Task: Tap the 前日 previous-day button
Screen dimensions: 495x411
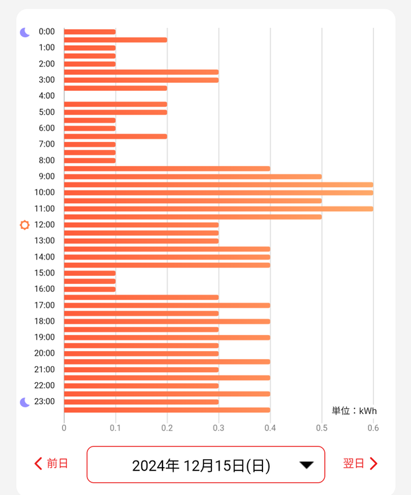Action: (x=52, y=463)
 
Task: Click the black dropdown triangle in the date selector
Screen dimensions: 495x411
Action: (x=306, y=465)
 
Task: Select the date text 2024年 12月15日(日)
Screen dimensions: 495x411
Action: (x=201, y=466)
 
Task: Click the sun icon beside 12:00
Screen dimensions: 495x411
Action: (x=25, y=225)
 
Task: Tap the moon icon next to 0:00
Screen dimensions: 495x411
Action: (x=25, y=32)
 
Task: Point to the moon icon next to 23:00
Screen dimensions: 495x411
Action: (x=25, y=402)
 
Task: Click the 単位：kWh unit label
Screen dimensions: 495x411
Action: (x=354, y=411)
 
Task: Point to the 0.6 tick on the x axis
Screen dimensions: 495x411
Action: (x=373, y=428)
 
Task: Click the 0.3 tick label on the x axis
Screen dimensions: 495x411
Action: (x=219, y=428)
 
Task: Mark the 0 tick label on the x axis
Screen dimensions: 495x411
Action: (x=64, y=428)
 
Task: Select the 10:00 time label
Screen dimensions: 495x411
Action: (x=44, y=192)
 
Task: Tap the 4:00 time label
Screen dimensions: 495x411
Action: (x=46, y=96)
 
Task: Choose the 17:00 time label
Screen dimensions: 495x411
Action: (x=44, y=305)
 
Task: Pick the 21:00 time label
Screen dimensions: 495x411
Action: (x=44, y=370)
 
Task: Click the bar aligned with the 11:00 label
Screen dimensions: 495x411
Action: (x=219, y=208)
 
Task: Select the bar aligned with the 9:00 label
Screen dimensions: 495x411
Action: (x=192, y=177)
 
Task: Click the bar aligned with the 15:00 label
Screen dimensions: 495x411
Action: (x=89, y=273)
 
